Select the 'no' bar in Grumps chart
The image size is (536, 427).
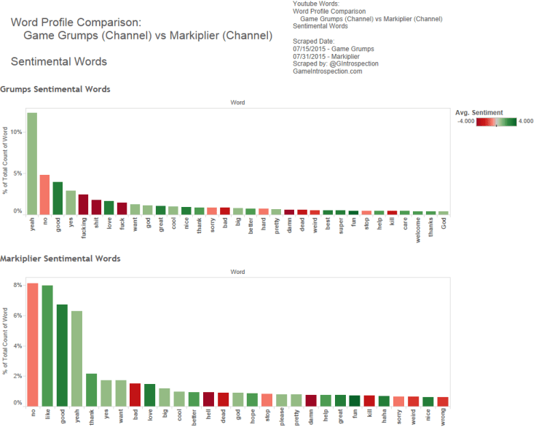(x=44, y=195)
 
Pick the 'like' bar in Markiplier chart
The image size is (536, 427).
(x=47, y=345)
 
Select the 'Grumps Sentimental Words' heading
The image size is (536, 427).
(x=55, y=90)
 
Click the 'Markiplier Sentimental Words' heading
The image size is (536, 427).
(x=60, y=259)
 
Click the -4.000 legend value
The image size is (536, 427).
(x=466, y=122)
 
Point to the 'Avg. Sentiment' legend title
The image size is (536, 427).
(x=478, y=113)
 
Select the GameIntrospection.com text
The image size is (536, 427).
(x=327, y=71)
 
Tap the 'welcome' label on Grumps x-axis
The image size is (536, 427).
(x=418, y=227)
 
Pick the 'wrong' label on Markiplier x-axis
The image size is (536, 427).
(x=444, y=418)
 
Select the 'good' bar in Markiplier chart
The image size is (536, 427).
(x=62, y=355)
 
